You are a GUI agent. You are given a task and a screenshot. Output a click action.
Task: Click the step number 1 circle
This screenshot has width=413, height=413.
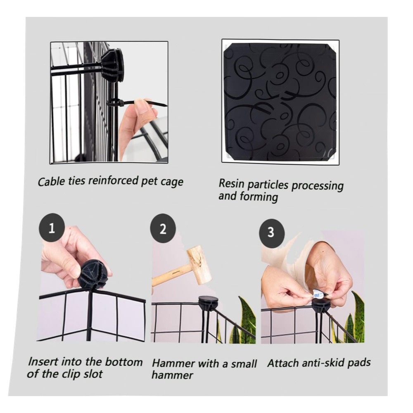coord(52,228)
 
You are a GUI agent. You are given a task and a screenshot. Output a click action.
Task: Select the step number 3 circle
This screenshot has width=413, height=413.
coord(271,232)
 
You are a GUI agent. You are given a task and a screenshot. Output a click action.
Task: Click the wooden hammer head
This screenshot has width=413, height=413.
coord(199,265)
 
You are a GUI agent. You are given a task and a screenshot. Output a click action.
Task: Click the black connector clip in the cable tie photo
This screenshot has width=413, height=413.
coord(112,64)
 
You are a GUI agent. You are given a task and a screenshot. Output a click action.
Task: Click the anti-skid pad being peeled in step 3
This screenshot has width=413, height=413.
coord(318,293)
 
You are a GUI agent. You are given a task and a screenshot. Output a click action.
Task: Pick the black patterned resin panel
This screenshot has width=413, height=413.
coord(280,102)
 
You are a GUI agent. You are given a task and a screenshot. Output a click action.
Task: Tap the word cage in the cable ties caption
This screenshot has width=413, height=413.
coord(173,182)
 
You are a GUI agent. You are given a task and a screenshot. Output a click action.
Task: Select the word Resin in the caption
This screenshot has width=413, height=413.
coord(231,183)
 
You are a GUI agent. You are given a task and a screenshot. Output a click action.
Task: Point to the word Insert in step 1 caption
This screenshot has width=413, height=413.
coord(43,361)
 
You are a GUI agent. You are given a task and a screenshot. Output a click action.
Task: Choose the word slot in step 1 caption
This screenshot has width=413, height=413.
coord(93,374)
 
